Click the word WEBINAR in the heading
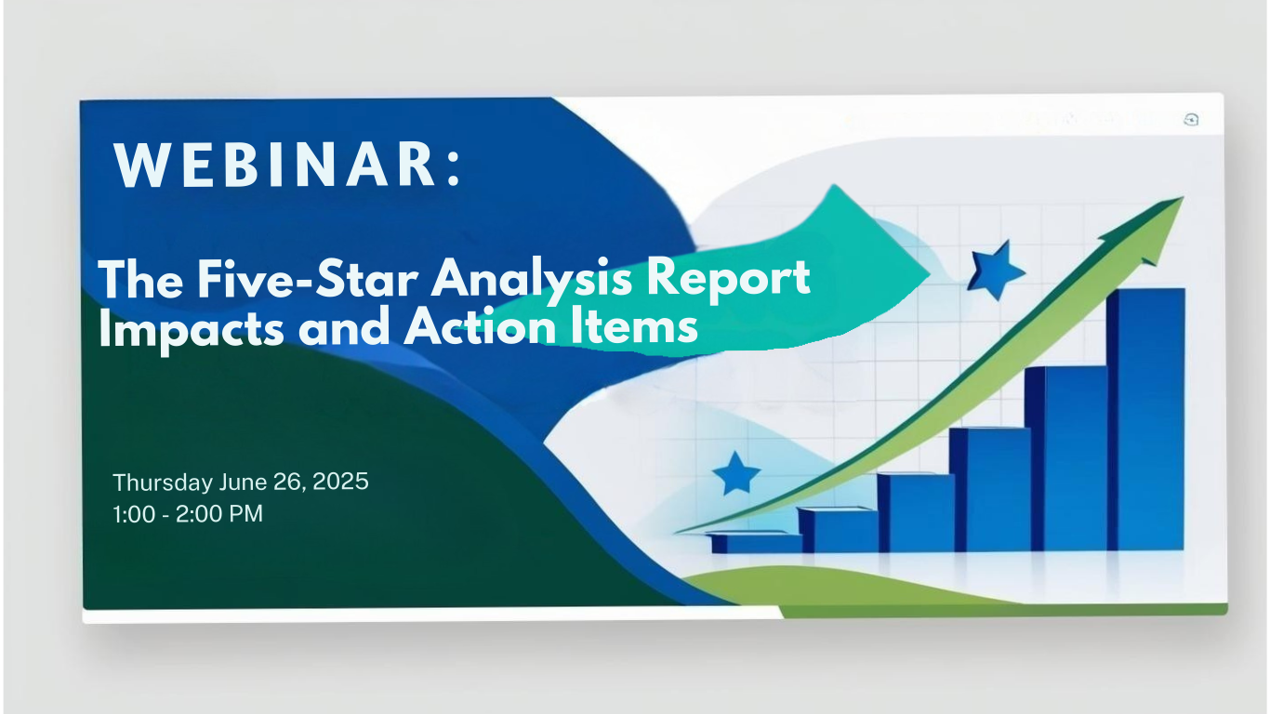point(275,165)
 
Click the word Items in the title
point(634,326)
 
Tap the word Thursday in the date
point(163,483)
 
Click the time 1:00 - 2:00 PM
point(188,514)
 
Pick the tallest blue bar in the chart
point(1145,419)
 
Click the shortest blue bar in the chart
point(756,542)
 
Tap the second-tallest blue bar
point(1066,458)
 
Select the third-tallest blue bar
point(990,489)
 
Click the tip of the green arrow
point(1183,197)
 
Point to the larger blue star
point(995,271)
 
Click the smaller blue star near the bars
point(736,474)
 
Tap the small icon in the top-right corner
point(1191,120)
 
